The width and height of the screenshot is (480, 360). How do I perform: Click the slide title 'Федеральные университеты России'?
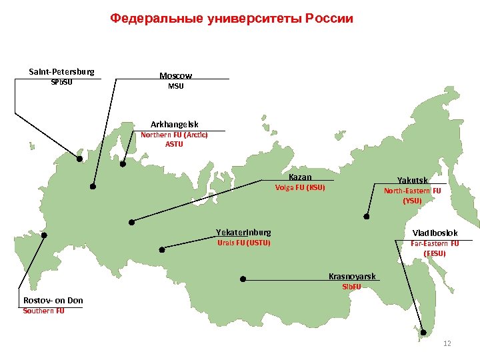[x=231, y=18]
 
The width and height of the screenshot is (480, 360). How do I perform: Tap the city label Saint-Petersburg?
[x=61, y=71]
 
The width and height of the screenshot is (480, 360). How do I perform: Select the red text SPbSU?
[x=61, y=83]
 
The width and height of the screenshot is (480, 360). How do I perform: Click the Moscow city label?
[x=175, y=76]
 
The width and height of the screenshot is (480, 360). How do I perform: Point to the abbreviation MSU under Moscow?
[x=175, y=87]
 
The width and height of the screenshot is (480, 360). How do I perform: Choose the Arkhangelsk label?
[x=174, y=125]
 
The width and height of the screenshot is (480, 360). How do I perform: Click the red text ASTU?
[x=174, y=143]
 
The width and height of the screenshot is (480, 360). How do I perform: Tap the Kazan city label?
[x=300, y=177]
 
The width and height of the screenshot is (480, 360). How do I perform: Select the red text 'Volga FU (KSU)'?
[x=300, y=187]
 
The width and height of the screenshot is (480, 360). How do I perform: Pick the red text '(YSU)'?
[x=412, y=200]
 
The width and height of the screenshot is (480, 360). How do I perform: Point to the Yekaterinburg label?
[x=243, y=233]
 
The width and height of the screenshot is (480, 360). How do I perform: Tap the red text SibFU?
[x=351, y=287]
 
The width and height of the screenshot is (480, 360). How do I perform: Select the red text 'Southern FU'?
[x=44, y=311]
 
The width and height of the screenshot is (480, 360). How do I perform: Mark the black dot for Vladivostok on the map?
[x=423, y=332]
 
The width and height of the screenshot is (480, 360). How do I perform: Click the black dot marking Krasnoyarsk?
[x=243, y=279]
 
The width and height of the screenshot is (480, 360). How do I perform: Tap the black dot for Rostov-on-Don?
[x=44, y=235]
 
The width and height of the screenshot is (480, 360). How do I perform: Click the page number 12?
[x=447, y=343]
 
